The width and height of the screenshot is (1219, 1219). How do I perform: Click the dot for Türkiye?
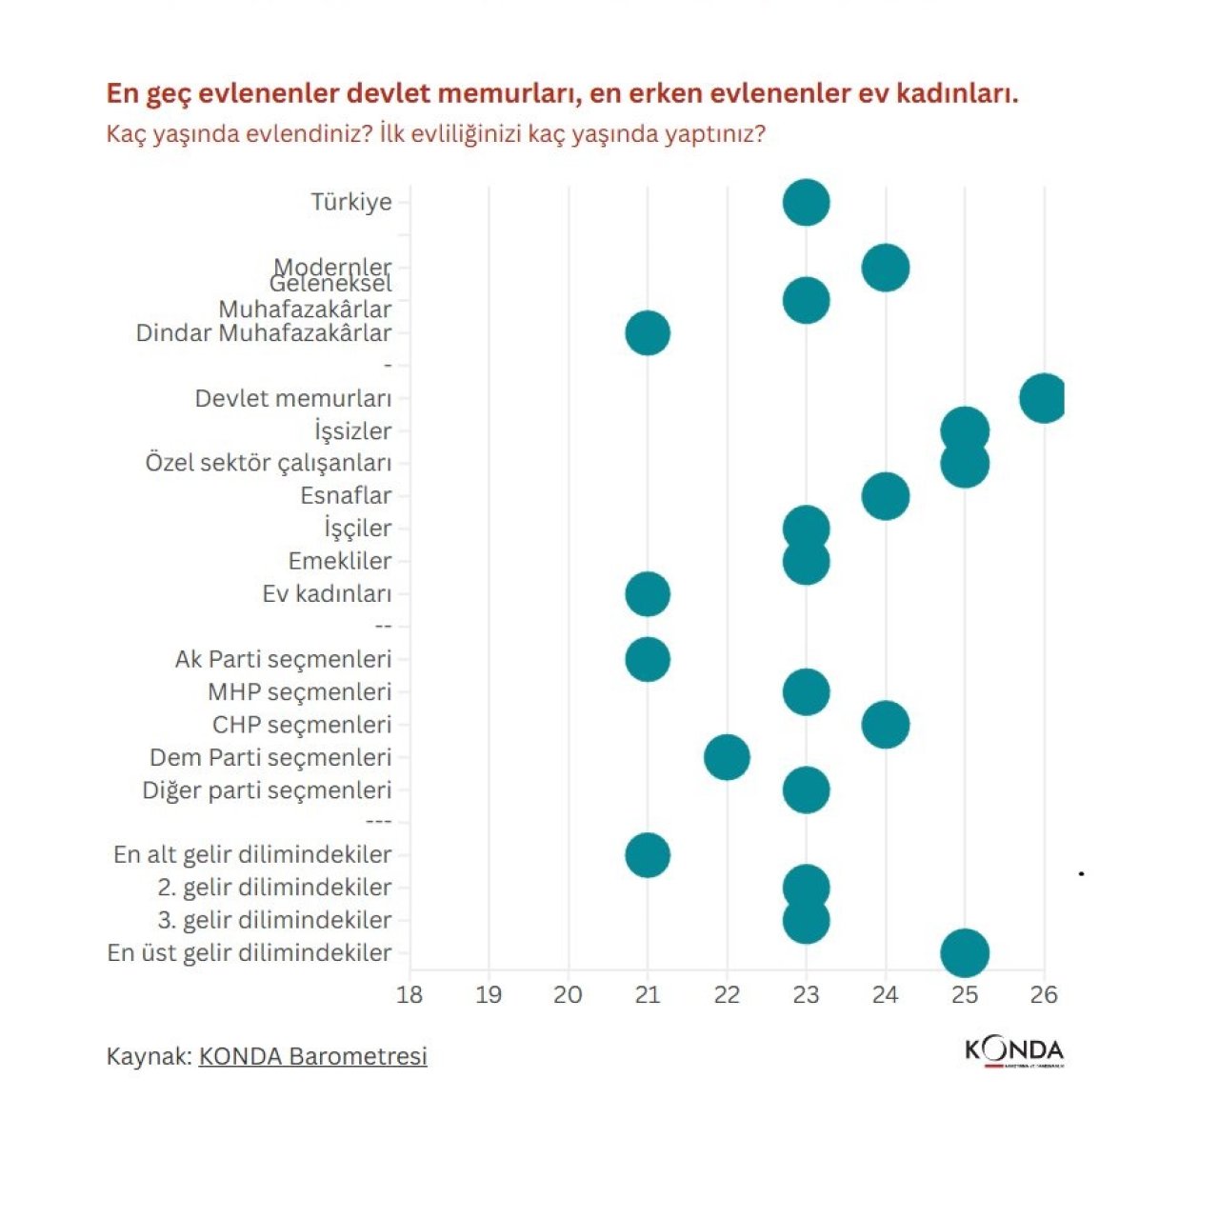click(x=806, y=202)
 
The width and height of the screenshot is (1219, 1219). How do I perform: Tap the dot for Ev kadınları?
click(x=648, y=594)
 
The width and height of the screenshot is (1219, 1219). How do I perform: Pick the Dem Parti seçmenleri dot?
click(x=727, y=757)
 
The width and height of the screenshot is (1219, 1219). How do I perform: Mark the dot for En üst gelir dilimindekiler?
click(x=965, y=952)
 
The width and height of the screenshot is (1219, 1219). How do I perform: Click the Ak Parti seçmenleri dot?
click(x=648, y=659)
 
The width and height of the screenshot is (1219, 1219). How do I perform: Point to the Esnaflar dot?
click(x=886, y=496)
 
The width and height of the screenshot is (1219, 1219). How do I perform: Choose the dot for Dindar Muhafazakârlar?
click(x=648, y=333)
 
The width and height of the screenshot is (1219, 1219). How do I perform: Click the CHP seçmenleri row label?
click(x=301, y=725)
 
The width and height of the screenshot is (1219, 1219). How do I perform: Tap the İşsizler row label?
click(x=352, y=431)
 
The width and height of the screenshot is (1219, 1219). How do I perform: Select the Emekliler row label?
click(x=340, y=561)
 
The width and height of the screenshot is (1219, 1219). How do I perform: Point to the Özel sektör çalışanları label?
click(x=268, y=463)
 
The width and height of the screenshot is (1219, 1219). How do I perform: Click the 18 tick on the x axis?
click(x=410, y=995)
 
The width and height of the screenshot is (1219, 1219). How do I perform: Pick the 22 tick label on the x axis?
click(x=727, y=995)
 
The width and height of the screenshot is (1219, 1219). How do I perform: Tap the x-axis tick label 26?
click(x=1044, y=995)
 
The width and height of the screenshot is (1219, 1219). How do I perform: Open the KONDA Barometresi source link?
click(x=312, y=1056)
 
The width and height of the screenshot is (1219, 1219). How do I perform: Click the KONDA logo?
click(x=1014, y=1051)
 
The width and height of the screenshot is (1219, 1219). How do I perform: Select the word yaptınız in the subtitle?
click(x=714, y=133)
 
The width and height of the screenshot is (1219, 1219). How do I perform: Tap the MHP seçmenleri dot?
click(x=806, y=692)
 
